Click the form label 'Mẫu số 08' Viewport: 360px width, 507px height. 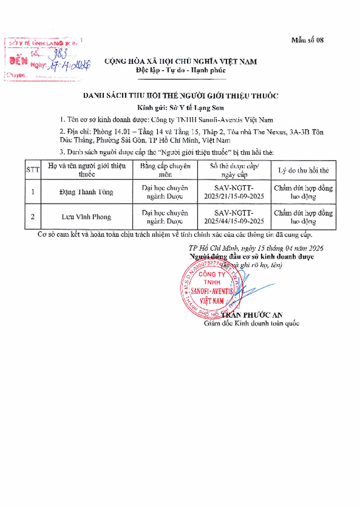[307, 40]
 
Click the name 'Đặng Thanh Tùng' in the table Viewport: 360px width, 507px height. [86, 192]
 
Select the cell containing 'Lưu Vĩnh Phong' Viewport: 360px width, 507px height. [86, 217]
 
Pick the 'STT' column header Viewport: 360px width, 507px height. [33, 170]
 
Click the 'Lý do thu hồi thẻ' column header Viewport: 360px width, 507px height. [303, 170]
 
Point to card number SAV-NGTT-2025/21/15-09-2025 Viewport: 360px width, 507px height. [234, 192]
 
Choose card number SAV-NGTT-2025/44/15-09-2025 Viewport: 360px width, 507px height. [234, 217]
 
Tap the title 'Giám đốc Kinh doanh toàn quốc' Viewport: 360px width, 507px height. [252, 323]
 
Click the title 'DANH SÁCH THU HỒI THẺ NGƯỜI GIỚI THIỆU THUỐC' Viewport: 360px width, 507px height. [180, 95]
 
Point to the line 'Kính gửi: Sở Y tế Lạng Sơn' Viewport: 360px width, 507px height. [180, 108]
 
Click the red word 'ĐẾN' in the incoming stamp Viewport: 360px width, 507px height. [18, 60]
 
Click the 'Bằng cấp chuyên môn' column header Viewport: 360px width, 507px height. [165, 170]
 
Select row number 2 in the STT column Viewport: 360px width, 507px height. [32, 217]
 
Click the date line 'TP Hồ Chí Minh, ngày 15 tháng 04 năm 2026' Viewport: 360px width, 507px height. [256, 248]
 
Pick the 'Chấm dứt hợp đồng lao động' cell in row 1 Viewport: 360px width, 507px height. [303, 192]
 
